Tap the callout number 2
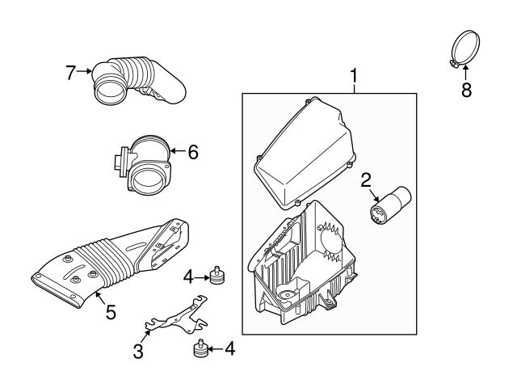tap(366, 179)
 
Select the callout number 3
tap(138, 351)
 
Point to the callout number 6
tap(191, 151)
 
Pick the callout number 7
tap(71, 73)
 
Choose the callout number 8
tap(466, 90)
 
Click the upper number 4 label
tap(188, 276)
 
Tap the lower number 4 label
tap(229, 349)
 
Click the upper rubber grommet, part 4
tap(216, 276)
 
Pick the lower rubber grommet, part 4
tap(201, 350)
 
